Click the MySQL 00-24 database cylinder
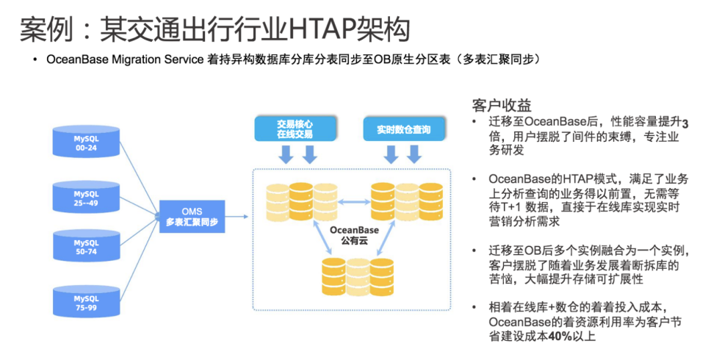coord(85,142)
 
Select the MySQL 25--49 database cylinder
coord(85,197)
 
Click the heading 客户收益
coord(502,105)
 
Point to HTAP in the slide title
coord(321,30)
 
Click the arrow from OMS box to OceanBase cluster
coord(237,215)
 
